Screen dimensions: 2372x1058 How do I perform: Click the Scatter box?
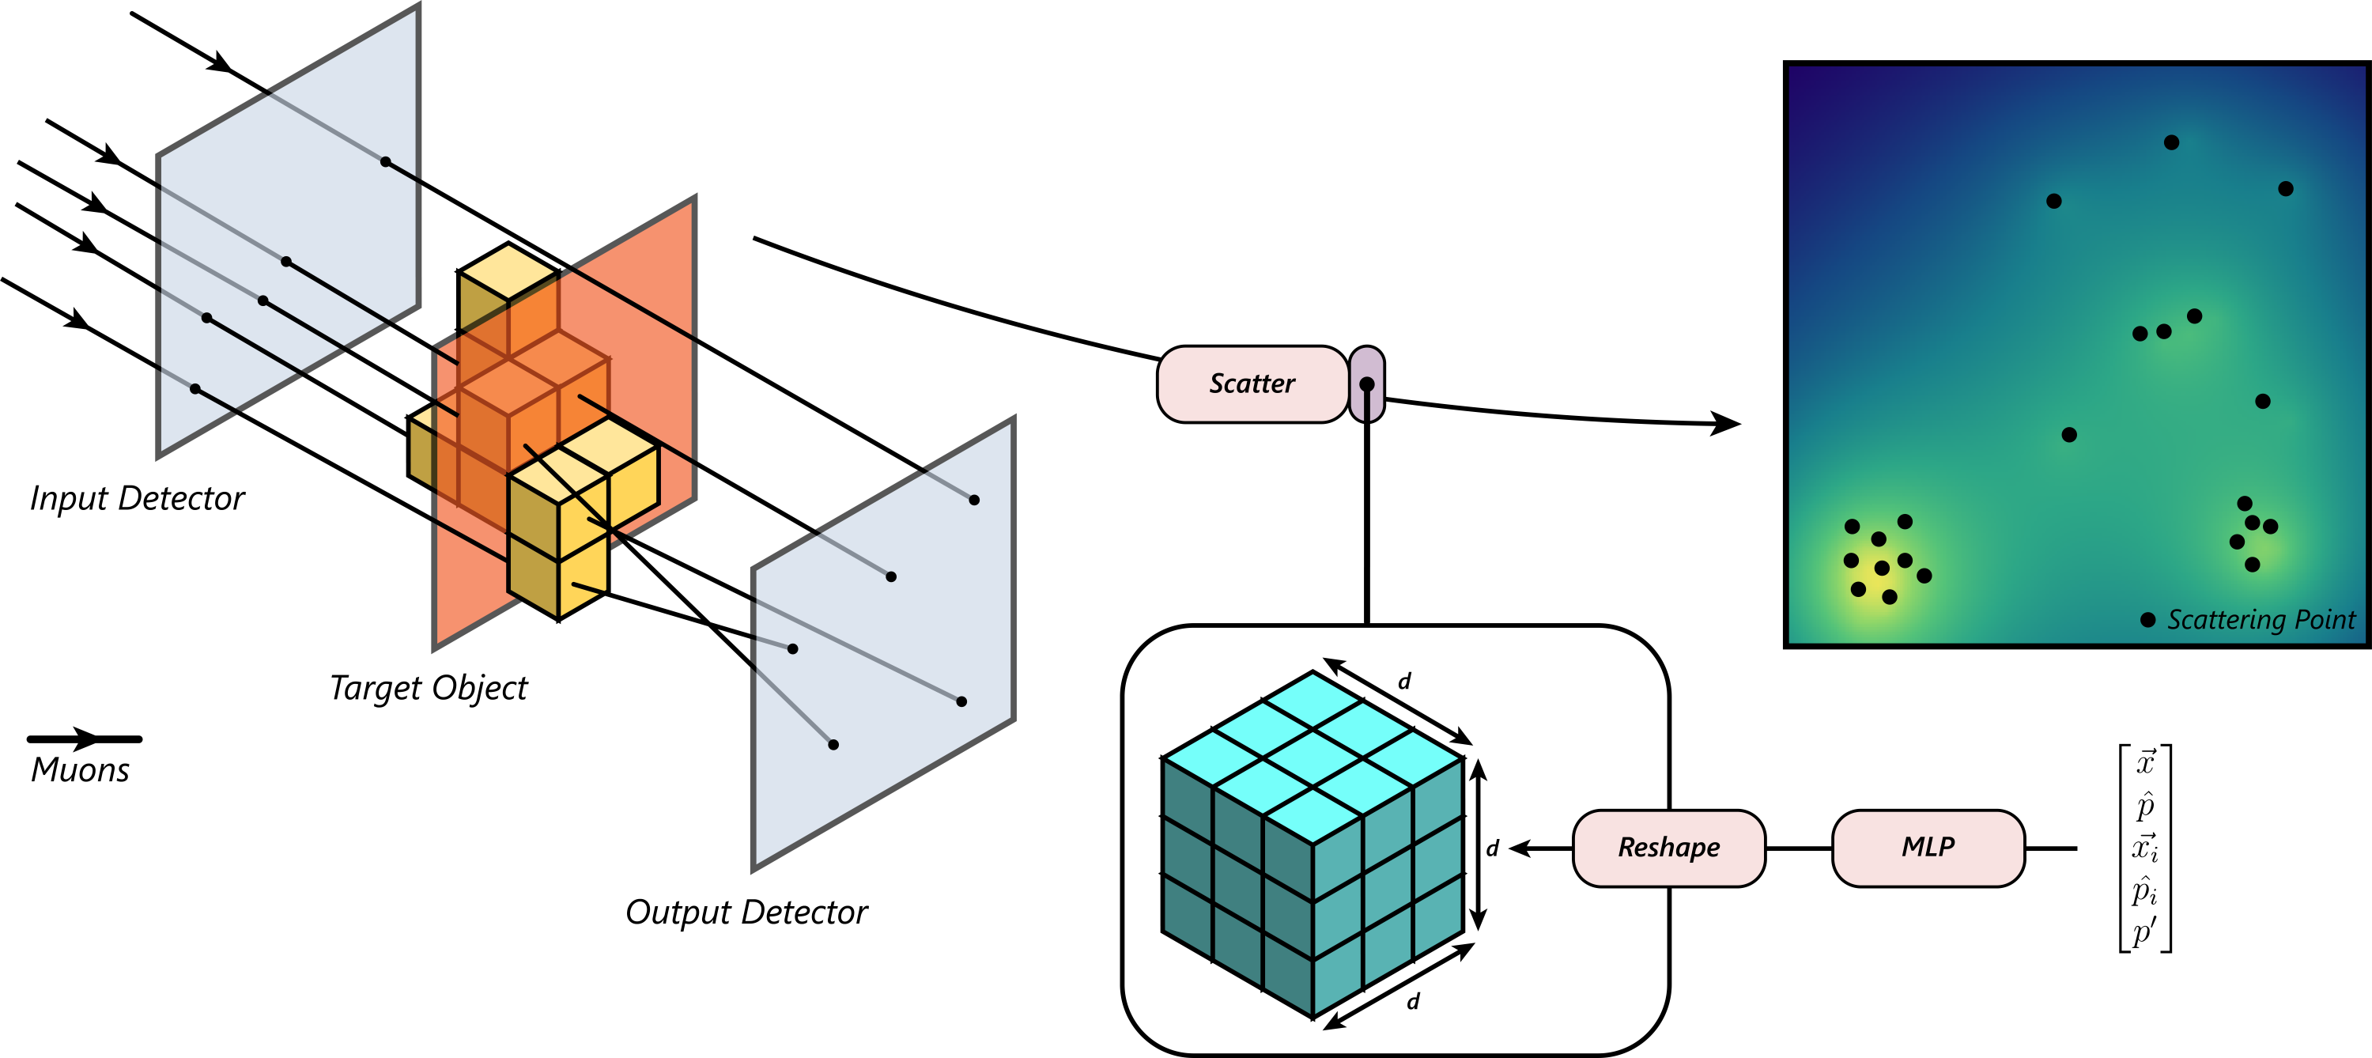1252,384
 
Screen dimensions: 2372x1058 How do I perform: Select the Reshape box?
1668,848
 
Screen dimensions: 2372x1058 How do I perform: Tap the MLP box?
1928,848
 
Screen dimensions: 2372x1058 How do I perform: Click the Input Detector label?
138,498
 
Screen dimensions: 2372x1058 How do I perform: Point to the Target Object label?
429,688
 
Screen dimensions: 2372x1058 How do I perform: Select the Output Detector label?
746,913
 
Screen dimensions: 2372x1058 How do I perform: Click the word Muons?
80,770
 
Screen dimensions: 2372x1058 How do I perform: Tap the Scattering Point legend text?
2261,620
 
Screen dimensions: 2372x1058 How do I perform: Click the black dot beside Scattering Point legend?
2147,620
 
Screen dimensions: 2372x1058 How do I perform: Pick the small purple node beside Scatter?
1366,384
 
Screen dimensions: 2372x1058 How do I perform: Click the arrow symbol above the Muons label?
85,739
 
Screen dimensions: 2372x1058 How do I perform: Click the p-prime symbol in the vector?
2144,931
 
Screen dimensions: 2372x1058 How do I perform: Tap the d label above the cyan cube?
1404,682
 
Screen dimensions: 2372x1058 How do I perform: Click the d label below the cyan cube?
1414,1001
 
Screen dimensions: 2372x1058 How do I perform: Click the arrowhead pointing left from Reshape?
1520,848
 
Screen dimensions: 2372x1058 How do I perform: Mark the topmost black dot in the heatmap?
2171,142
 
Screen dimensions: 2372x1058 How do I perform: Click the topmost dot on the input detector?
386,162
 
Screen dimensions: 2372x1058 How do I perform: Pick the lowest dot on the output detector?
833,745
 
